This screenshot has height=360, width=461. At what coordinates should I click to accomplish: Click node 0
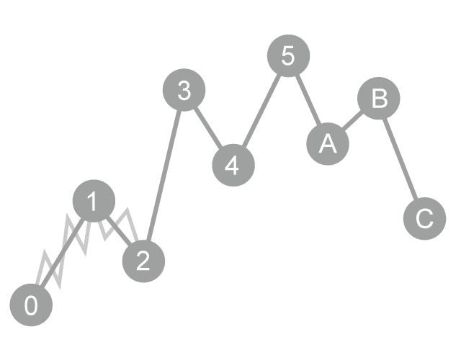tap(32, 305)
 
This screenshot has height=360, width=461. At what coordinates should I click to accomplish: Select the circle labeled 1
tap(94, 202)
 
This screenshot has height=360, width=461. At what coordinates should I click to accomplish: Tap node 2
tap(143, 261)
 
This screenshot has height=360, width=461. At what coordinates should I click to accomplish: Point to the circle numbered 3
tap(184, 91)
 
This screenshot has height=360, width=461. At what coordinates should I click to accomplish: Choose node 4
tap(233, 164)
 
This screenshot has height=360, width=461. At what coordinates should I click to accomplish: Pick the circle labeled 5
tap(288, 55)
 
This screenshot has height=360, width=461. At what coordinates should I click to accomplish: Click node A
tap(328, 143)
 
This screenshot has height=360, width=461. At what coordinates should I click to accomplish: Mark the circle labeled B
tap(378, 99)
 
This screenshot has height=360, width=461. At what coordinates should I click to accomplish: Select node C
tap(424, 217)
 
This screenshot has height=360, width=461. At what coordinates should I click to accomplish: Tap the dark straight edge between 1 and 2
tap(120, 233)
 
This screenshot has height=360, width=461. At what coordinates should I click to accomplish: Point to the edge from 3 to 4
tap(208, 127)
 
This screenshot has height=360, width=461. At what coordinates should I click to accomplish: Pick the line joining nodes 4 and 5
tap(261, 109)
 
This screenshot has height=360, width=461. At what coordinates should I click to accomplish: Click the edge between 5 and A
tap(308, 100)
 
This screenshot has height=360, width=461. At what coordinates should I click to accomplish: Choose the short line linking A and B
tap(353, 120)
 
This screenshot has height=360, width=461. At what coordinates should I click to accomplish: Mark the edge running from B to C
tap(401, 158)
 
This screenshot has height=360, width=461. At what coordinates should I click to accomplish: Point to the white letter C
tap(424, 217)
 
